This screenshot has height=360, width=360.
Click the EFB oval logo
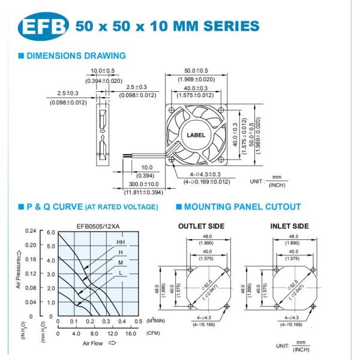pyautogui.click(x=43, y=26)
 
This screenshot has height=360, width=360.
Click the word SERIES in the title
pyautogui.click(x=232, y=26)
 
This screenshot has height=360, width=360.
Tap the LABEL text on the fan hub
pyautogui.click(x=196, y=135)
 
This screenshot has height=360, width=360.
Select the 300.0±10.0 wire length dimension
pyautogui.click(x=144, y=184)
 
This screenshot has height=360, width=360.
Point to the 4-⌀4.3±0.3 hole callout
pyautogui.click(x=205, y=174)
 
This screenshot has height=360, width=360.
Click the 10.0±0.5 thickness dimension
pyautogui.click(x=103, y=70)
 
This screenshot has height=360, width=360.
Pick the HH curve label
pyautogui.click(x=121, y=242)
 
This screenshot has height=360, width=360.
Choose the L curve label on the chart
pyautogui.click(x=121, y=273)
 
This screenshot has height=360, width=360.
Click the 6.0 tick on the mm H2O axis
pyautogui.click(x=51, y=232)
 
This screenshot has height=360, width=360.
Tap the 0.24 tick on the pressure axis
pyautogui.click(x=31, y=231)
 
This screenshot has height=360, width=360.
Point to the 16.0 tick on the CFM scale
pyautogui.click(x=131, y=334)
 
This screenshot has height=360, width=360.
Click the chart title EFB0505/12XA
pyautogui.click(x=98, y=227)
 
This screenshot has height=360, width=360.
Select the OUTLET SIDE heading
pyautogui.click(x=202, y=226)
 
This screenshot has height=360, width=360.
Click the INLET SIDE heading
pyautogui.click(x=290, y=226)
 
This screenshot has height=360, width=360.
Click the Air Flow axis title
pyautogui.click(x=93, y=343)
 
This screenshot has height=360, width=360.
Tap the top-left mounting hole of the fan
pyautogui.click(x=172, y=110)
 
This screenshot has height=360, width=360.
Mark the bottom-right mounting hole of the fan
pyautogui.click(x=221, y=160)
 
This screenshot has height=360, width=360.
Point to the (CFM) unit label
pyautogui.click(x=153, y=333)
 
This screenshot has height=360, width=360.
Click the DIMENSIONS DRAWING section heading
pyautogui.click(x=76, y=56)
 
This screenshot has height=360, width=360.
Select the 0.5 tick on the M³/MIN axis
pyautogui.click(x=138, y=321)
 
